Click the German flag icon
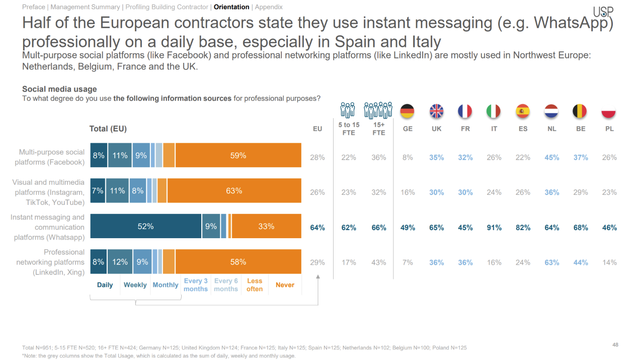[x=408, y=111]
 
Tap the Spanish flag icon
[x=523, y=111]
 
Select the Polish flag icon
[x=609, y=111]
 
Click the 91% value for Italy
[x=494, y=228]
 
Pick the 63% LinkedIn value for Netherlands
[x=552, y=262]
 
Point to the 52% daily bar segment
[x=146, y=227]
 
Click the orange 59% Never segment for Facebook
[x=238, y=156]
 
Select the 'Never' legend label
[x=285, y=285]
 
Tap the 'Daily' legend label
[x=105, y=285]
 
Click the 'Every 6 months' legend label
[x=226, y=285]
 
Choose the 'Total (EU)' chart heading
[x=108, y=129]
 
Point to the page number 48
[x=615, y=345]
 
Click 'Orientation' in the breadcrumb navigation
[x=231, y=7]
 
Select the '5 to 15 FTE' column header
[x=348, y=129]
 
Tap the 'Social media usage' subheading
[x=59, y=89]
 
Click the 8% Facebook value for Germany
[x=408, y=158]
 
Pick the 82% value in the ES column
[x=523, y=228]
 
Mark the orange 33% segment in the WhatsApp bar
[x=266, y=227]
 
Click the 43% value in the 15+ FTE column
[x=378, y=262]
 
